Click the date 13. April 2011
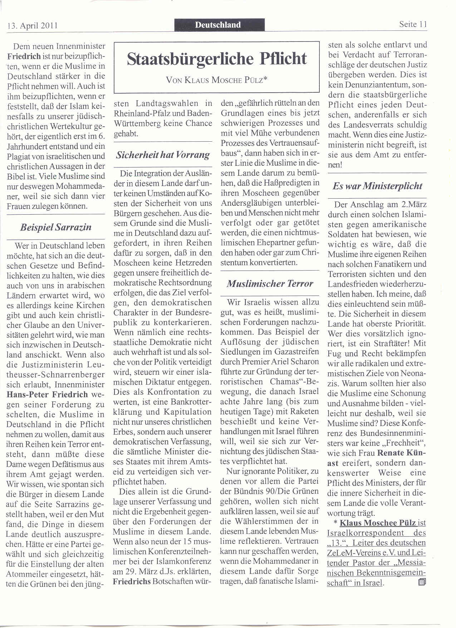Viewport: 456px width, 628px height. pyautogui.click(x=32, y=26)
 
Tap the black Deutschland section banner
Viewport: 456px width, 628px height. pyautogui.click(x=218, y=25)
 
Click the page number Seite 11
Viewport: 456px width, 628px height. pyautogui.click(x=413, y=24)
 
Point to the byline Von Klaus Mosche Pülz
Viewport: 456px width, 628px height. pyautogui.click(x=217, y=80)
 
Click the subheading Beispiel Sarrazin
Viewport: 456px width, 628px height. pyautogui.click(x=56, y=227)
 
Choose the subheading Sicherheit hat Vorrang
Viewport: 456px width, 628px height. pyautogui.click(x=163, y=155)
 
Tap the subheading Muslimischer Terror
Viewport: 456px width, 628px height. pyautogui.click(x=270, y=284)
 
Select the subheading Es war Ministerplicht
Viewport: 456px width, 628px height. pyautogui.click(x=377, y=186)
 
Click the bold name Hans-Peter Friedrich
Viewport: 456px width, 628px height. pyautogui.click(x=47, y=395)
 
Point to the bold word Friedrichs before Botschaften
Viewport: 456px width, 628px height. pyautogui.click(x=132, y=581)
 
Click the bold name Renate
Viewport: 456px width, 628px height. pyautogui.click(x=395, y=453)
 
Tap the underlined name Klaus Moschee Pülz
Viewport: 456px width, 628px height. pyautogui.click(x=378, y=523)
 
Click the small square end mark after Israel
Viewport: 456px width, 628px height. pyautogui.click(x=421, y=582)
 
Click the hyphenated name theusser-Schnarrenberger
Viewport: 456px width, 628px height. pyautogui.click(x=55, y=375)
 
